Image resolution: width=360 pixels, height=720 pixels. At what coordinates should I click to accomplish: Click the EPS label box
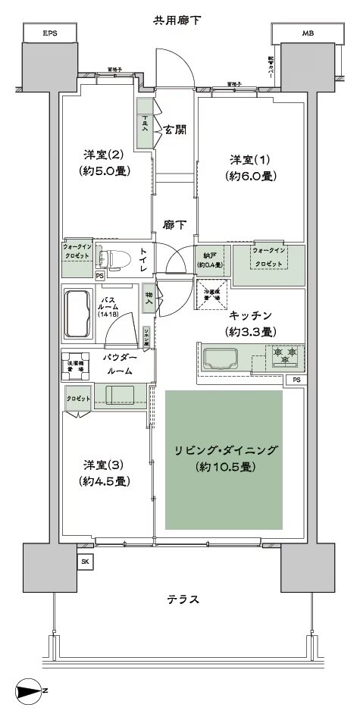[50, 33]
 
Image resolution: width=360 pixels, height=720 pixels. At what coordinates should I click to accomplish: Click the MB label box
[308, 33]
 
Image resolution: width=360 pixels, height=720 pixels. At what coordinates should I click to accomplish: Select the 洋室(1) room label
[250, 167]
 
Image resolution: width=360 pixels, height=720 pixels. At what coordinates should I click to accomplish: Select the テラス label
[183, 599]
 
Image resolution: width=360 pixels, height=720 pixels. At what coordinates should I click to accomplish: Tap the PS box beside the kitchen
[297, 379]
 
